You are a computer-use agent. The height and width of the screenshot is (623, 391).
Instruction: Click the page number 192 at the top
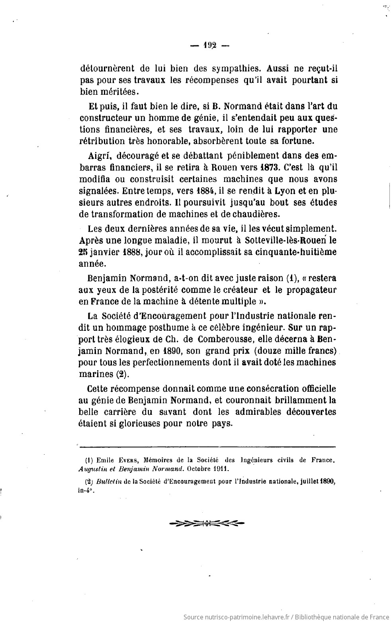[209, 45]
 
